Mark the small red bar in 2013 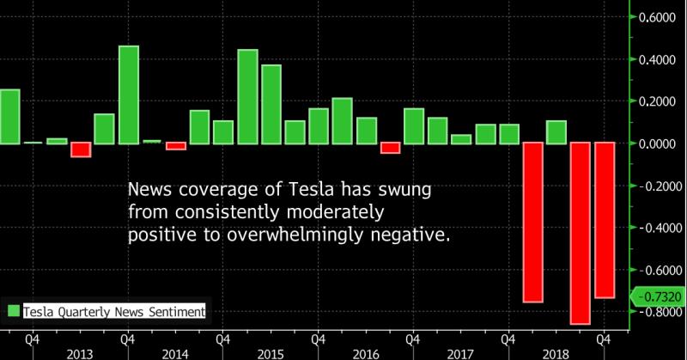(x=82, y=150)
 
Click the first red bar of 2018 (x=532, y=223)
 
